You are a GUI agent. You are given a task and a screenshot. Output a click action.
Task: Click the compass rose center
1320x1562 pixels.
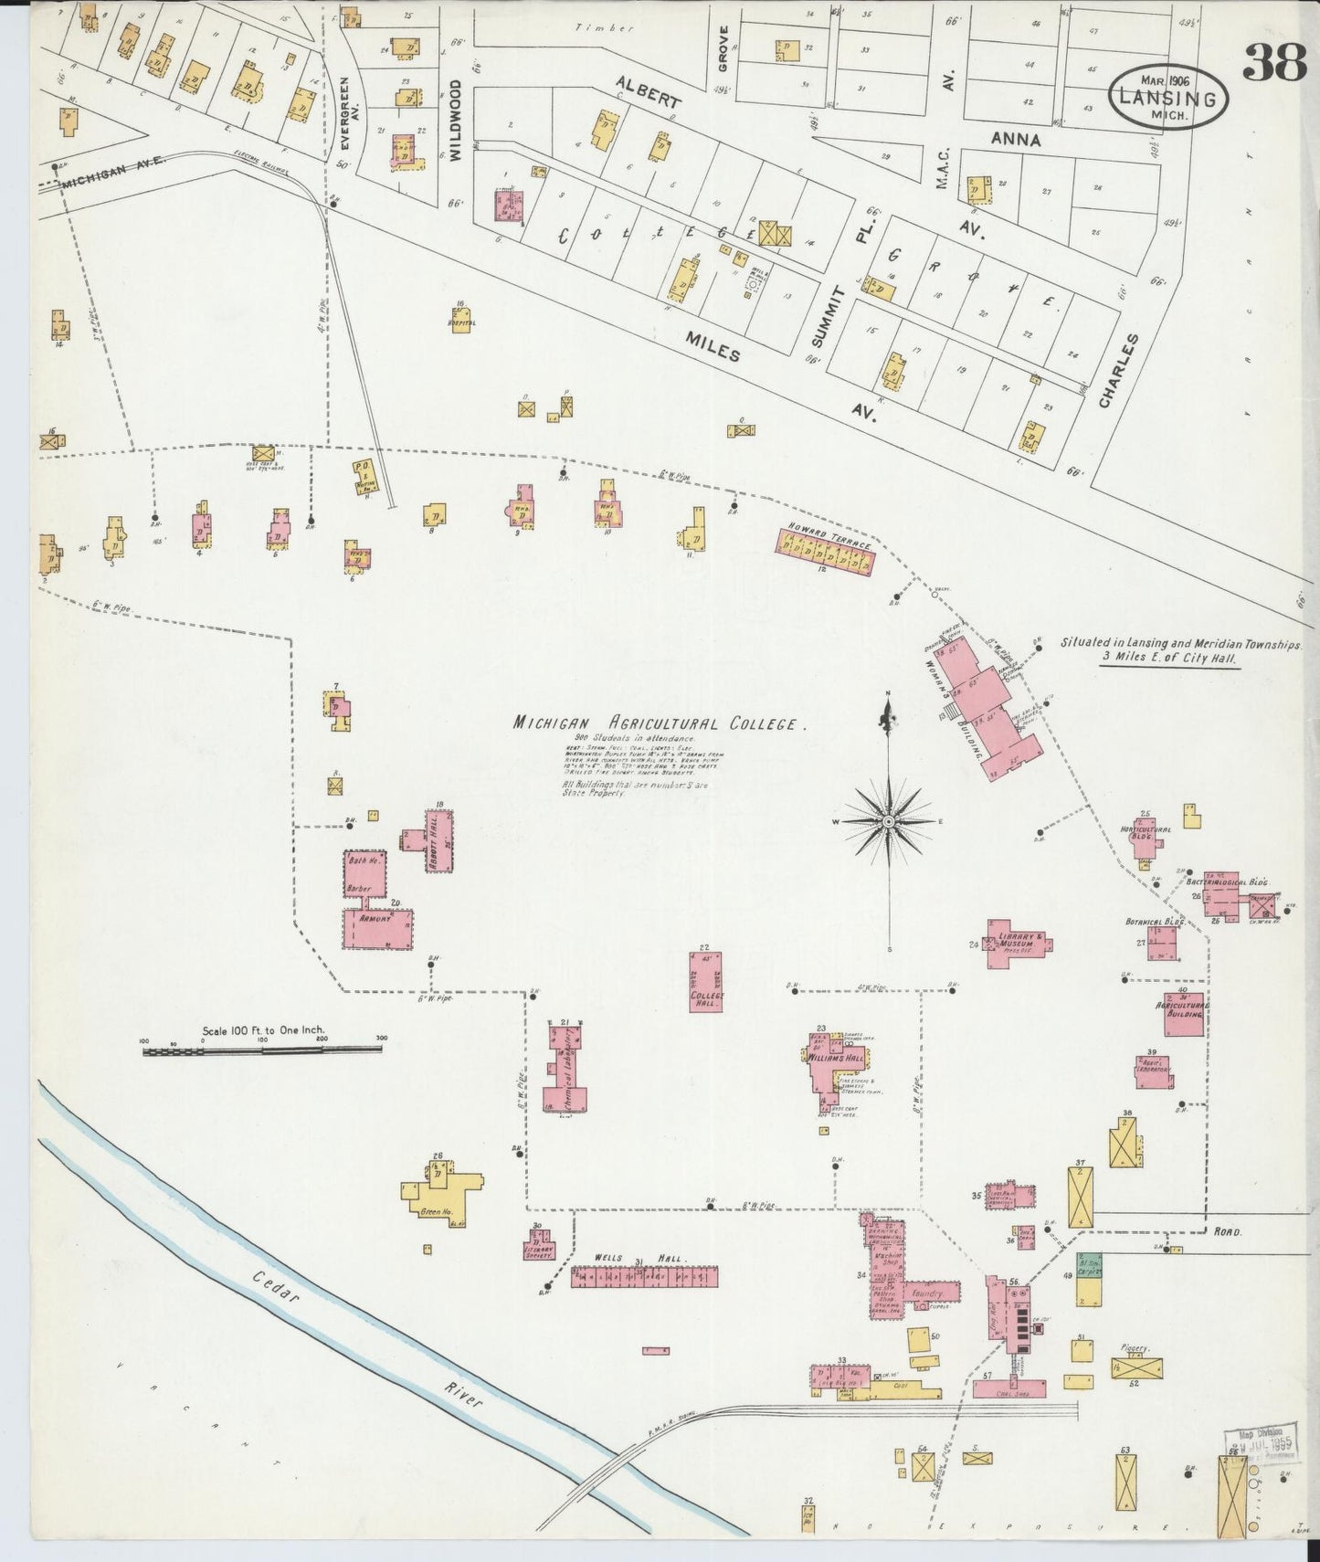[x=887, y=824]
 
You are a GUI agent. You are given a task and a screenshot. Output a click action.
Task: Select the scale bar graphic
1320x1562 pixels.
[x=262, y=1051]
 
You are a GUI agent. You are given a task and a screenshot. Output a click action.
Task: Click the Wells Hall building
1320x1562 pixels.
[x=644, y=1277]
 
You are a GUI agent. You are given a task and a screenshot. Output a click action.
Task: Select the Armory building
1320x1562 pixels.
[x=376, y=929]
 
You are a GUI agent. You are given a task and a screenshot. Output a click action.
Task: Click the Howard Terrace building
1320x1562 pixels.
[x=825, y=554]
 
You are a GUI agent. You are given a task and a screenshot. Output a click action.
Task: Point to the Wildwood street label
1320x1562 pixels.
[x=455, y=120]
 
